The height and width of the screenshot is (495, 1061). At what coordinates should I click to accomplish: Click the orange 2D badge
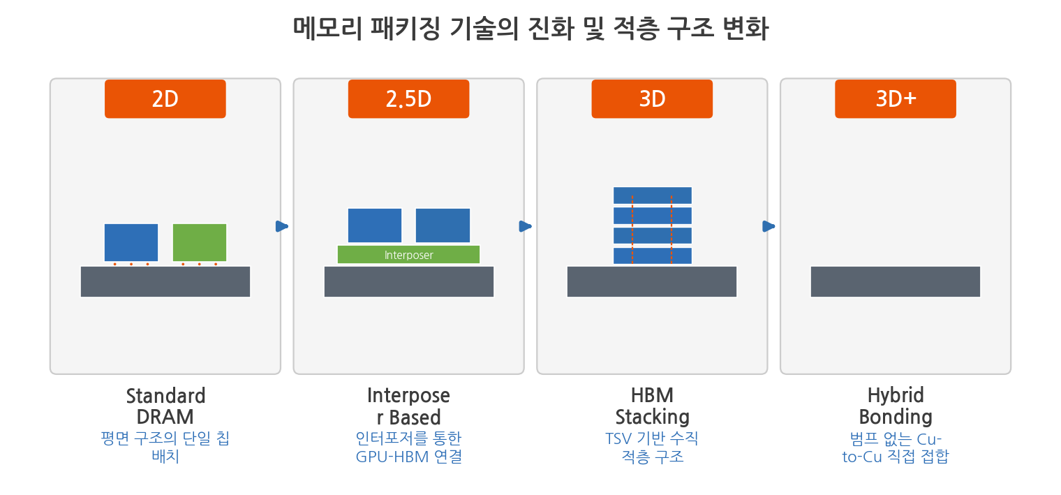[x=165, y=99]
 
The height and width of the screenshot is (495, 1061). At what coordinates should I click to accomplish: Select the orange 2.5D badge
[x=409, y=99]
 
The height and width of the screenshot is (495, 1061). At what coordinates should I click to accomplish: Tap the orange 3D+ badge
[x=896, y=99]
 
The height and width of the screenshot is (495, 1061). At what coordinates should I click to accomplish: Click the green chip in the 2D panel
[x=200, y=242]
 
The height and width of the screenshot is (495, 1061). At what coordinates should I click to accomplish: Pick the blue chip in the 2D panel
[x=131, y=242]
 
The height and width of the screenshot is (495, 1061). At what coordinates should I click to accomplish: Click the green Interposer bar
[x=409, y=255]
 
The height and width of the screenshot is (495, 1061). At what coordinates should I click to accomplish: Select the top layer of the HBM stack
[x=653, y=195]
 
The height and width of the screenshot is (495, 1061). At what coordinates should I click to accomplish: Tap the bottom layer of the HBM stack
[x=653, y=256]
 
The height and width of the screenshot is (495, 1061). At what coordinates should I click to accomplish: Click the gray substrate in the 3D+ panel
[x=896, y=282]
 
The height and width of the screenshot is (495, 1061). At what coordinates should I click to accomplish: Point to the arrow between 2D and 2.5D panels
[x=282, y=226]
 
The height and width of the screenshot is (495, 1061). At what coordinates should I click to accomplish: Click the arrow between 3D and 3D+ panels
[x=769, y=226]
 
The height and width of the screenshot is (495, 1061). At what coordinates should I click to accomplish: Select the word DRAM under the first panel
[x=165, y=418]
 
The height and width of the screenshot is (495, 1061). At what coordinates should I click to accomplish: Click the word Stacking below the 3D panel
[x=653, y=418]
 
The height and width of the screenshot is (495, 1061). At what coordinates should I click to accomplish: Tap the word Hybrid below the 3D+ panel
[x=896, y=396]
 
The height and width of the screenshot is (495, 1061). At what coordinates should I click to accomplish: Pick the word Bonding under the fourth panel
[x=896, y=418]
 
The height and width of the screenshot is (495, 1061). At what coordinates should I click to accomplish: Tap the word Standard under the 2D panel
[x=166, y=396]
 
